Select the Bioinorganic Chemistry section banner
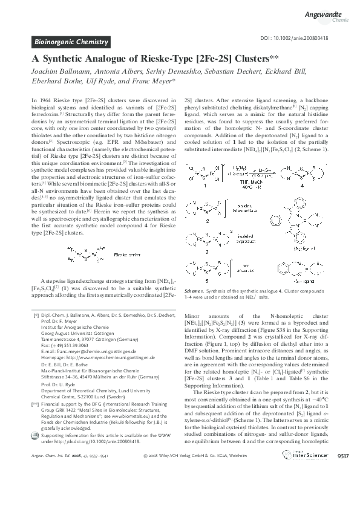70,42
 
